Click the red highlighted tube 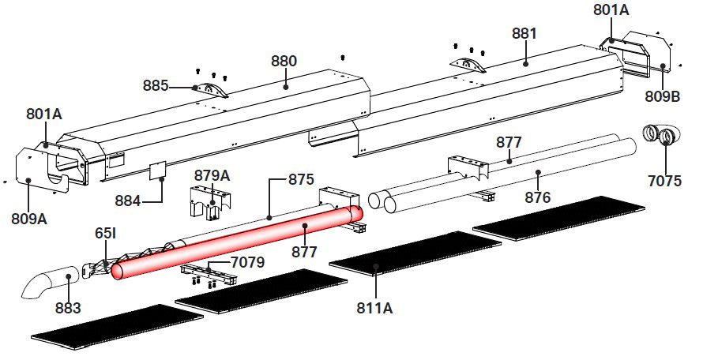pyautogui.click(x=238, y=242)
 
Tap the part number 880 pyautogui.click(x=284, y=61)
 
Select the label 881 pyautogui.click(x=524, y=34)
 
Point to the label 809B pyautogui.click(x=662, y=96)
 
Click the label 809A pyautogui.click(x=29, y=219)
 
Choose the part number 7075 pyautogui.click(x=664, y=181)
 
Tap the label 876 pyautogui.click(x=537, y=197)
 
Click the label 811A pyautogui.click(x=375, y=309)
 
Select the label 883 pyautogui.click(x=68, y=309)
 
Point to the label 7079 pyautogui.click(x=247, y=262)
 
